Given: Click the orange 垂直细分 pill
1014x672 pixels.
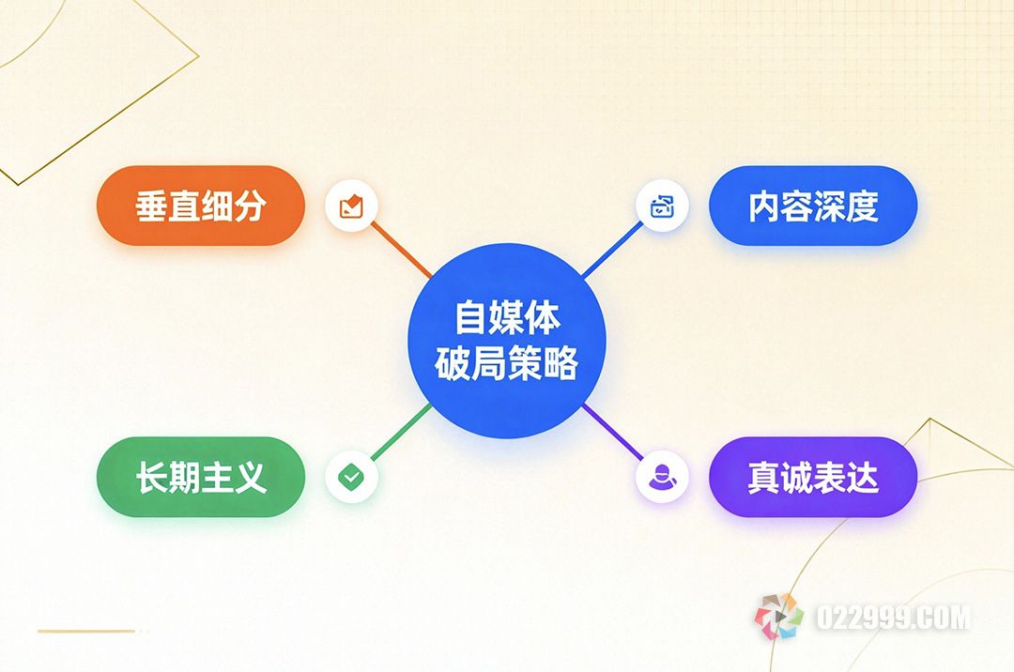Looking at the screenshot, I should pos(201,206).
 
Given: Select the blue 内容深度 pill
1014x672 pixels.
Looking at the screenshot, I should pos(813,206).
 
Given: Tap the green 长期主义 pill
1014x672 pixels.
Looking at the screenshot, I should pos(201,477).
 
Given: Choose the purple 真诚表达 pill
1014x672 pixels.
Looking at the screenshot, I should pos(813,477).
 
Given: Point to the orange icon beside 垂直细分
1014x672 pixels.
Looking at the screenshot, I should pos(351,206).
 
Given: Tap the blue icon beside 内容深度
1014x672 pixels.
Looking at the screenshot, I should pos(662,206).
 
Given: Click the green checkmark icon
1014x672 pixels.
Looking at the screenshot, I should pos(351,477).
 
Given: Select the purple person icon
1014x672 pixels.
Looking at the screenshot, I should pos(662,477).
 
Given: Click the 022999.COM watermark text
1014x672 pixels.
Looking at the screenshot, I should pos(893,618).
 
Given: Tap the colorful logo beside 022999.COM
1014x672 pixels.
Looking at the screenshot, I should pos(779,617).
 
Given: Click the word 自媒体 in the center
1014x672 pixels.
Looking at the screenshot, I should pos(507,317).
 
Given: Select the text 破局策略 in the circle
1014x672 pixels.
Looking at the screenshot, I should pos(507,363).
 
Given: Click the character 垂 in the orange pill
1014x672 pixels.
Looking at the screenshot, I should pos(151,206).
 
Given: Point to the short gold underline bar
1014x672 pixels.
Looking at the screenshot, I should pos(86,631).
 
